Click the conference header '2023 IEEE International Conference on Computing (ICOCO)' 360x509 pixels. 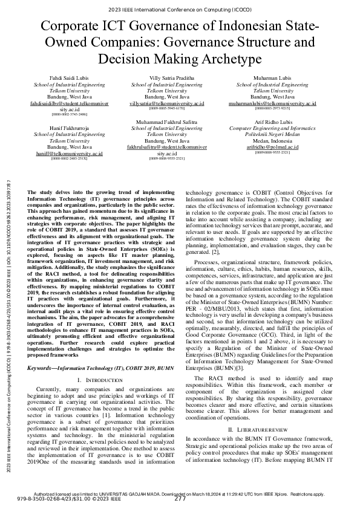[x=180, y=9]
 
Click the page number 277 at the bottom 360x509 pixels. [x=180, y=499]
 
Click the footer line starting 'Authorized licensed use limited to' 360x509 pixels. [x=180, y=493]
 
